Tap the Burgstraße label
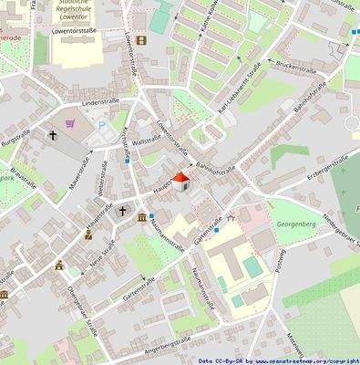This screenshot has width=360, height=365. tap(15, 141)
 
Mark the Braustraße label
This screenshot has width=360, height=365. tap(22, 176)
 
